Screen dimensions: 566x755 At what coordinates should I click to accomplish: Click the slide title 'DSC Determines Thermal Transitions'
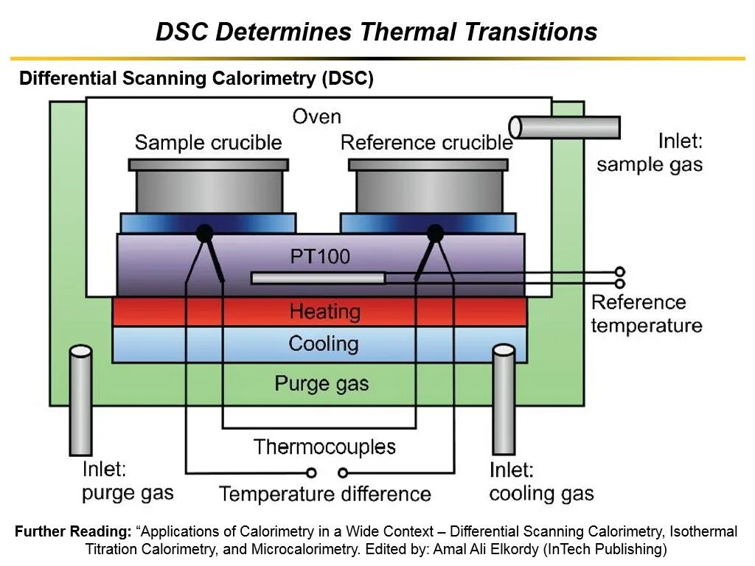tap(376, 32)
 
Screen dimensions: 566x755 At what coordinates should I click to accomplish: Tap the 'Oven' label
tap(316, 116)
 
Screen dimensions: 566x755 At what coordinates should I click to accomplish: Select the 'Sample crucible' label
tap(208, 142)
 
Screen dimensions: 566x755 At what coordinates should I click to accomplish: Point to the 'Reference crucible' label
tap(426, 142)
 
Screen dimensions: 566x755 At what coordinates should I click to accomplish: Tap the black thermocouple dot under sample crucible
tap(205, 234)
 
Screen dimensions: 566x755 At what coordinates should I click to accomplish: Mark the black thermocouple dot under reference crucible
tap(435, 234)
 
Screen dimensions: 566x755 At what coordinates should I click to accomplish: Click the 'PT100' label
tap(320, 256)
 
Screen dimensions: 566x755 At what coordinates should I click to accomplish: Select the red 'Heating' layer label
tap(324, 312)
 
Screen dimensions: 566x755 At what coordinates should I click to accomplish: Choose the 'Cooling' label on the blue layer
tap(323, 344)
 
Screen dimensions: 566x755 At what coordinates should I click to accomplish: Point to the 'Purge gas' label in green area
tap(321, 383)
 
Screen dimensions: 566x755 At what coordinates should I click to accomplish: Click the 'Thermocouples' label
tap(324, 447)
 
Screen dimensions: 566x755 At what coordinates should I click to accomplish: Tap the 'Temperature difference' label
tap(324, 494)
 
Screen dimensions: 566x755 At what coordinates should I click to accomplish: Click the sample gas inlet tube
tap(565, 127)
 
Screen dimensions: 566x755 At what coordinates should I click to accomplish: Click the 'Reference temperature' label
tap(646, 314)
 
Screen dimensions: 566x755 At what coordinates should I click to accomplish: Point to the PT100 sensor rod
tap(318, 278)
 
